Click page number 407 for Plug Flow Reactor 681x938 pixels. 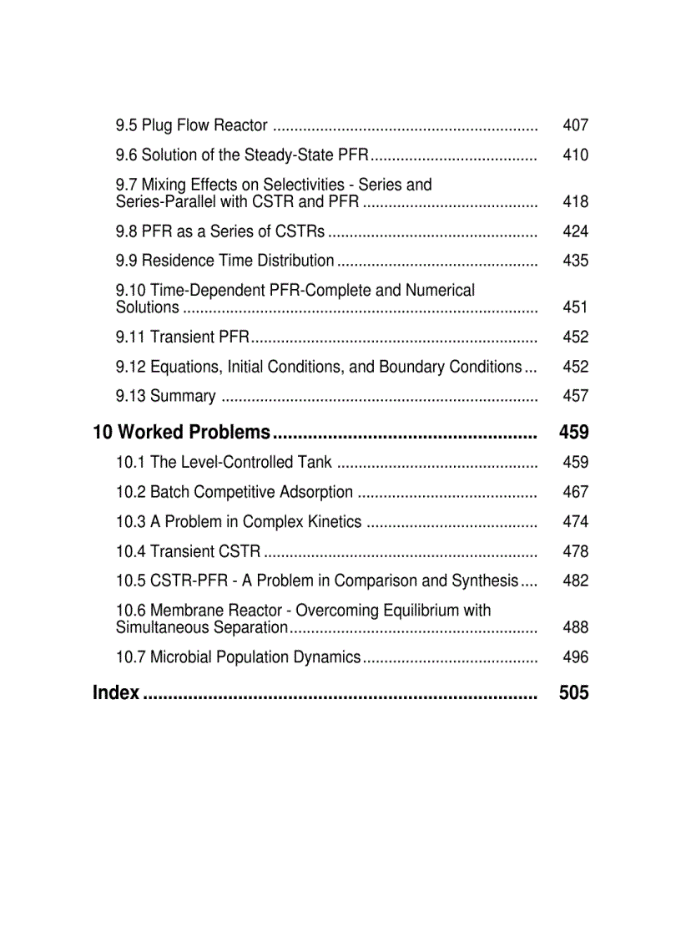click(575, 125)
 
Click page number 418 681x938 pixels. click(575, 201)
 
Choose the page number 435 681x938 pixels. click(575, 261)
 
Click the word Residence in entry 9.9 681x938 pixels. click(178, 261)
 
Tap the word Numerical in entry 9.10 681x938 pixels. click(440, 291)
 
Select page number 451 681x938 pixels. click(575, 307)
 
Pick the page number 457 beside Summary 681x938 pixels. click(575, 396)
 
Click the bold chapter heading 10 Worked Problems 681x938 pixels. click(182, 432)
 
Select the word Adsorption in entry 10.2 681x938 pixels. click(308, 492)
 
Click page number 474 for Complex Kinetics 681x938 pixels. click(575, 521)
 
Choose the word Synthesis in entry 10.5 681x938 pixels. click(485, 581)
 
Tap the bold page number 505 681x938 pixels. click(574, 692)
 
